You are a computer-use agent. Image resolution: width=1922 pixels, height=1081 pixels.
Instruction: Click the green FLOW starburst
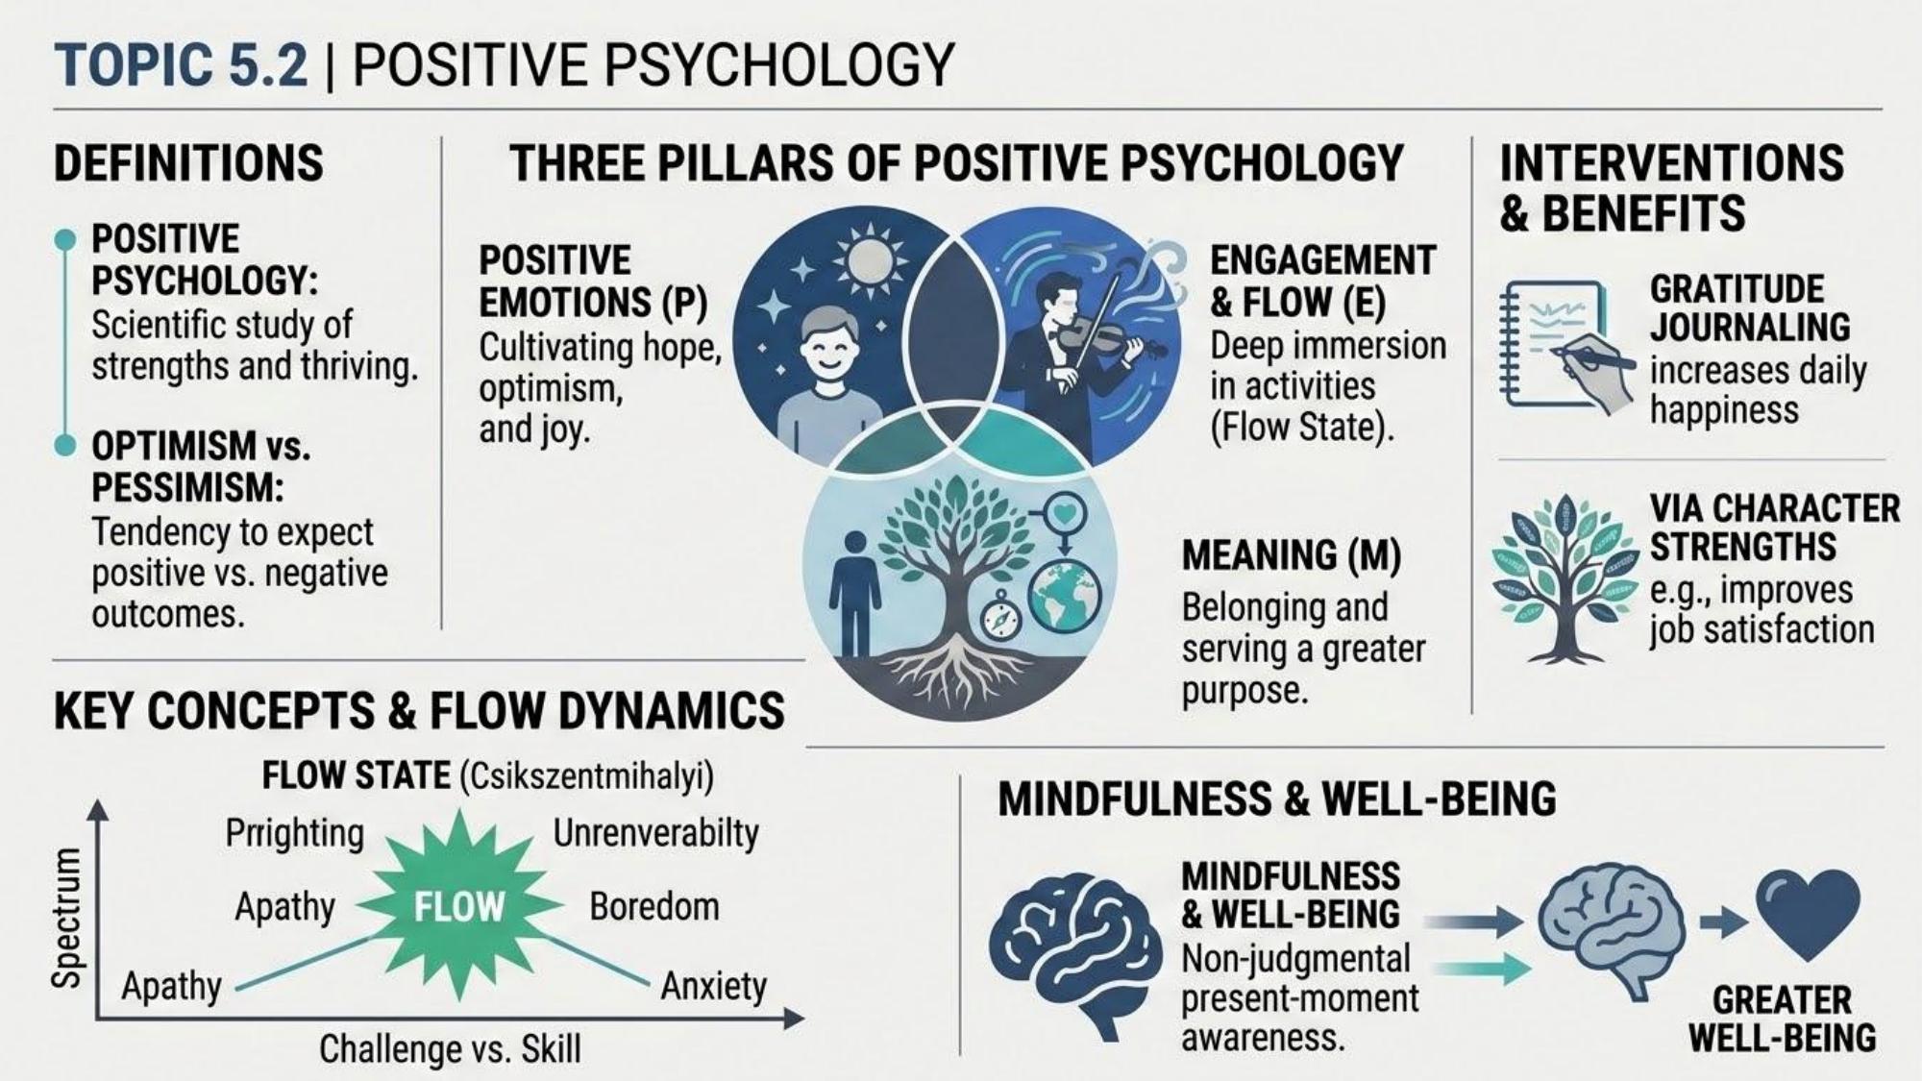459,905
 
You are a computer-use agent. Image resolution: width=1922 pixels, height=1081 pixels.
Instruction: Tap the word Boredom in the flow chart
654,906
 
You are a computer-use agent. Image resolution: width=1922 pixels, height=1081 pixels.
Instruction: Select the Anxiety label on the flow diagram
713,986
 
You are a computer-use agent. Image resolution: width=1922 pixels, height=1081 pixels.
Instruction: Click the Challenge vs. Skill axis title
450,1048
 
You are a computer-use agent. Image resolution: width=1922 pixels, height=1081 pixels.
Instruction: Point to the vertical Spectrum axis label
66,919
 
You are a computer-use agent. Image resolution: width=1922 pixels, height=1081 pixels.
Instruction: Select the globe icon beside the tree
1064,595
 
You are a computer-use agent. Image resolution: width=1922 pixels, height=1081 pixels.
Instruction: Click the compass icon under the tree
999,616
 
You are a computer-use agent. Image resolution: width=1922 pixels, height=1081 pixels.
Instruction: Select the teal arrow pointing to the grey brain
1479,968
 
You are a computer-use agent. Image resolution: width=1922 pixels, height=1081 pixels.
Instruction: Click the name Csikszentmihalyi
587,776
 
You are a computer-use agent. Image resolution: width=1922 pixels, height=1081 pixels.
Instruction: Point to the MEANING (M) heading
1291,555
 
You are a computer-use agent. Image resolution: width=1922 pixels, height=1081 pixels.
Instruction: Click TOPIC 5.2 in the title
181,65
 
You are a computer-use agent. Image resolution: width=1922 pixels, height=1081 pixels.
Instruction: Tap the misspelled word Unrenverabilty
655,833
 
